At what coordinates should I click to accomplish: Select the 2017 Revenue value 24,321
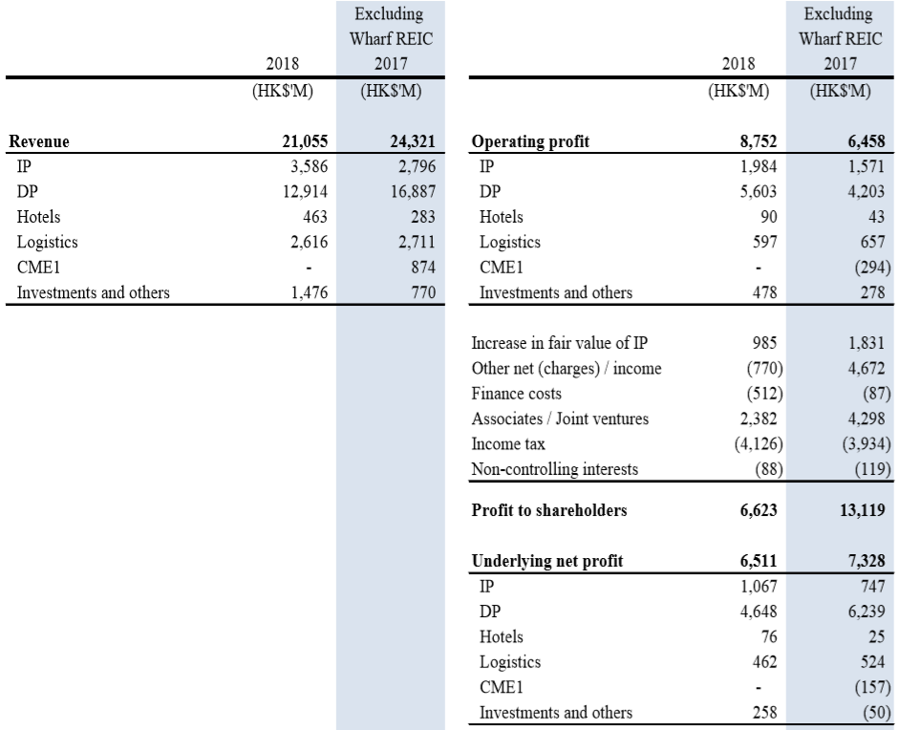pos(410,143)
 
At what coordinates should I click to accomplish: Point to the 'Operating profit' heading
pos(531,143)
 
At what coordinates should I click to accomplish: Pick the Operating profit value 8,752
pos(754,143)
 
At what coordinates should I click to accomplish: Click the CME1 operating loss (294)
pos(867,268)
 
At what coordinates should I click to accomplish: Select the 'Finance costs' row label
pos(517,394)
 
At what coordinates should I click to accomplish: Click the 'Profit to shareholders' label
pos(549,510)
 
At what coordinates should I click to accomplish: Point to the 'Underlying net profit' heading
pos(547,561)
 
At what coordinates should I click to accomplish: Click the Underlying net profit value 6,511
pos(754,561)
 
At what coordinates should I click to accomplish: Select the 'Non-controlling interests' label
pos(556,468)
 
